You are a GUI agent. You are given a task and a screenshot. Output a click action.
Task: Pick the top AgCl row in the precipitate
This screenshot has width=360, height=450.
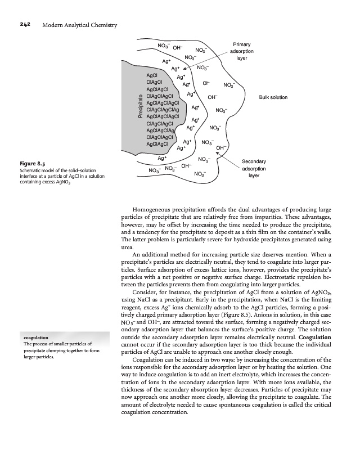pyautogui.click(x=152, y=75)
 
